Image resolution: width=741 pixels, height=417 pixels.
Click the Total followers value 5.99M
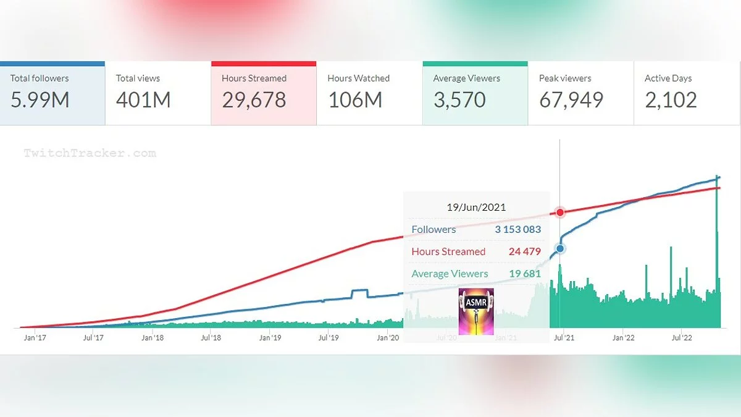pos(40,100)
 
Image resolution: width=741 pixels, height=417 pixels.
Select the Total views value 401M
pos(143,100)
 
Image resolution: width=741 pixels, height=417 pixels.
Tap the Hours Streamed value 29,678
pos(254,100)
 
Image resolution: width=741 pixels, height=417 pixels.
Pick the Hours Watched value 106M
pos(355,100)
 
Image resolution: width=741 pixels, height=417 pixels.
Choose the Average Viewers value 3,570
pos(459,100)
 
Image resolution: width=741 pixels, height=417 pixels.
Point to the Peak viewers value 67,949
pos(571,100)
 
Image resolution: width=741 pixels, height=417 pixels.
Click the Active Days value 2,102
pos(671,100)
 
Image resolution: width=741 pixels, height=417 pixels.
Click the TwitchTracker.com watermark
pos(90,153)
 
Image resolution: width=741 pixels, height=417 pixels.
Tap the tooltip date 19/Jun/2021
pos(476,208)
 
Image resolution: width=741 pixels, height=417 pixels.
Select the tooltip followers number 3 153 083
pos(517,229)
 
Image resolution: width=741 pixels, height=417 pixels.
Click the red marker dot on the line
pos(560,213)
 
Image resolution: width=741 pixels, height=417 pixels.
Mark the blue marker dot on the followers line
pos(560,248)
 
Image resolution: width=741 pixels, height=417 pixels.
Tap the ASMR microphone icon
pos(476,311)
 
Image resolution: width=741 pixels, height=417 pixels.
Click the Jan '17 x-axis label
pos(35,338)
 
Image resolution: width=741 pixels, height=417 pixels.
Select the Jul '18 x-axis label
pos(211,338)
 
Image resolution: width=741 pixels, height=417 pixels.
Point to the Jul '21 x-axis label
pos(563,338)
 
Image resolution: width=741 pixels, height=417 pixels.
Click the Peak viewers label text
pos(565,78)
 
